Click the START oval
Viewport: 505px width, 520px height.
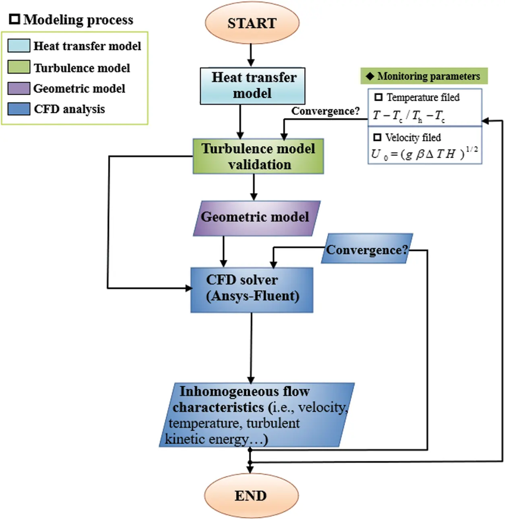coord(252,23)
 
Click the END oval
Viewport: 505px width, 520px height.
coord(251,495)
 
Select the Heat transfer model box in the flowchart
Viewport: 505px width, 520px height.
coord(253,86)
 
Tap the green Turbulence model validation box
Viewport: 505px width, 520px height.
coord(258,156)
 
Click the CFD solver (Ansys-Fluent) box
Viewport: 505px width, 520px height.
coord(252,290)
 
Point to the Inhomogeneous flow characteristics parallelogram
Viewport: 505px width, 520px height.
coord(257,415)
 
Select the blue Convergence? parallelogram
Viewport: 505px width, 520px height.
coord(367,249)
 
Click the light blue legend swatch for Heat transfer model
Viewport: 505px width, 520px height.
coord(19,46)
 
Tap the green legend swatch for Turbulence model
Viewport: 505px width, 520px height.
coord(19,67)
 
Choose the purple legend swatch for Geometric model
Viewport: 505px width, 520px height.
coord(19,88)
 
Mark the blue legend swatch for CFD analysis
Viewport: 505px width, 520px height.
coord(19,109)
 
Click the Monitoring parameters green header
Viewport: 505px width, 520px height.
coord(424,76)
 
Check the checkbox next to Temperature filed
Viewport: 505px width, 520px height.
coord(378,97)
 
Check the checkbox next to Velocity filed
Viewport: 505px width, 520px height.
coord(377,137)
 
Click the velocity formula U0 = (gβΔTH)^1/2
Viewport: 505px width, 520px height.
coord(424,153)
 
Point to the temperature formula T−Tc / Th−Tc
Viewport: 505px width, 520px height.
coord(409,116)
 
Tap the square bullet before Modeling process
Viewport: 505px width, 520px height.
coord(14,19)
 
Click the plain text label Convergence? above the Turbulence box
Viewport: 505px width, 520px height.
coord(325,111)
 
